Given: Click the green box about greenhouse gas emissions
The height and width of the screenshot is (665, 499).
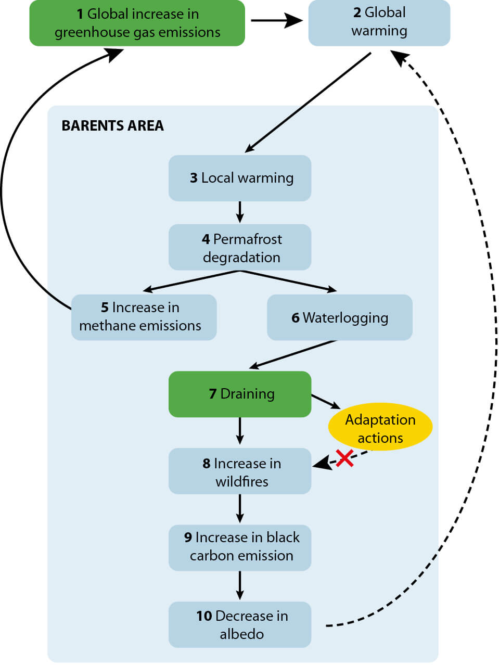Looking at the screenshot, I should [x=137, y=23].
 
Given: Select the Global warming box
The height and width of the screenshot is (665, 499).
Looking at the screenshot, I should [x=379, y=23].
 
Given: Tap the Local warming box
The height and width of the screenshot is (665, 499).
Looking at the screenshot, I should [x=240, y=178].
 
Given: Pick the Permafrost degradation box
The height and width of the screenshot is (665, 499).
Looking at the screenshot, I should [x=240, y=247].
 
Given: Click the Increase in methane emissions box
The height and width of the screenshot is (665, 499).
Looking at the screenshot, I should [x=144, y=317].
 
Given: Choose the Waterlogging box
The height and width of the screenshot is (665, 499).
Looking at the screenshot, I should [x=339, y=317].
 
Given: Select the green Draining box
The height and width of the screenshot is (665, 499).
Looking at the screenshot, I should [x=240, y=394].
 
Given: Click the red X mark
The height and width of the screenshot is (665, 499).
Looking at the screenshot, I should [x=344, y=458].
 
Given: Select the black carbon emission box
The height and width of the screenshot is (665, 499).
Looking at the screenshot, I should [x=240, y=547].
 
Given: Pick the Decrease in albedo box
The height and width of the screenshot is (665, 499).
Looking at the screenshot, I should [x=240, y=624].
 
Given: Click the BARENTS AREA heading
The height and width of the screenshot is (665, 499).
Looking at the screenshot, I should [x=112, y=126].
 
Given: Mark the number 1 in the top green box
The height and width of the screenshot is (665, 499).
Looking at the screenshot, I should [x=80, y=14].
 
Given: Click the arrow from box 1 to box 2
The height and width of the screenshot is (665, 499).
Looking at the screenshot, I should [x=276, y=21].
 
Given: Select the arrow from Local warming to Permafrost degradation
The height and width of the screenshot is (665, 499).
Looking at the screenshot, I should [x=240, y=212].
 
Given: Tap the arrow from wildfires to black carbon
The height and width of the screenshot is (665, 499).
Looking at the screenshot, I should [x=240, y=508].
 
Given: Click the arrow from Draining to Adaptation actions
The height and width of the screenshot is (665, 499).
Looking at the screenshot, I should [x=326, y=402].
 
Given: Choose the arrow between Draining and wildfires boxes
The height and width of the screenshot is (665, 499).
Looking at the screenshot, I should [x=240, y=431].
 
